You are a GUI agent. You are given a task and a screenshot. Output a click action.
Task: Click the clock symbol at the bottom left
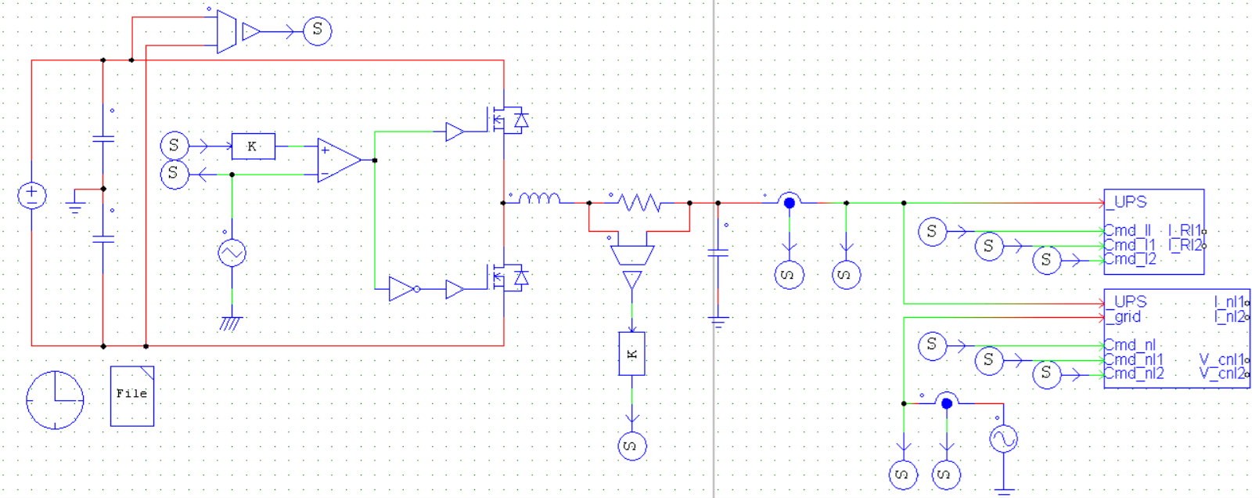point(55,400)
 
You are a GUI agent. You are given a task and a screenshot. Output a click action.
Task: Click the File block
point(132,395)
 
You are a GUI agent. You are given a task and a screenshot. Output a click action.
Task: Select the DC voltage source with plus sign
point(32,195)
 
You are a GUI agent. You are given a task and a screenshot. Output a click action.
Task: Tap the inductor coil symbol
point(539,199)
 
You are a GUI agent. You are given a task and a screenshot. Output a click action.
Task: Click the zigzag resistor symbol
point(639,203)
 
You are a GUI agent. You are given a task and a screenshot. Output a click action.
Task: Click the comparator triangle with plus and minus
point(338,161)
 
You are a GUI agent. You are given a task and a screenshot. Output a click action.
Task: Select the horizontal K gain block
point(253,146)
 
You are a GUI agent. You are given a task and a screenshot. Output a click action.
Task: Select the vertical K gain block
point(632,354)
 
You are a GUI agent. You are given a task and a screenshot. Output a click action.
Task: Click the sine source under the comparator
point(232,253)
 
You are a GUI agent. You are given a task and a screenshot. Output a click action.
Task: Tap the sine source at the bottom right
point(1003,438)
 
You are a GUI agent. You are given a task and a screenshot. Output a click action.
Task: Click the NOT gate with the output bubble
point(403,289)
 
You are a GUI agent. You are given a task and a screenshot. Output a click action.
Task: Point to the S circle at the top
point(317,31)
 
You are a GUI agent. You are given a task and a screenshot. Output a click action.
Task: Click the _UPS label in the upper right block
point(1127,202)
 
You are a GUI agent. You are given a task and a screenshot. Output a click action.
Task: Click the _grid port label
point(1124,317)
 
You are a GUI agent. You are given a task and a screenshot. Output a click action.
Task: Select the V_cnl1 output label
point(1221,359)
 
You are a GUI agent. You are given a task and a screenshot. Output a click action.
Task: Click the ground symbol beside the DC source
point(75,207)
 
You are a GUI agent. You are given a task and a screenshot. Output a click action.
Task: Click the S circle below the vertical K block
point(632,446)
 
